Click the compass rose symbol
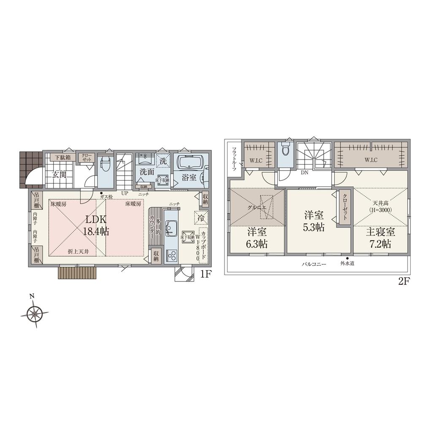tap(33, 314)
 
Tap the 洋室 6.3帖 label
tap(257, 238)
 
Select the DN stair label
tap(304, 173)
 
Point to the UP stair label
tap(124, 193)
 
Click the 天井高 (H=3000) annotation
tap(381, 206)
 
